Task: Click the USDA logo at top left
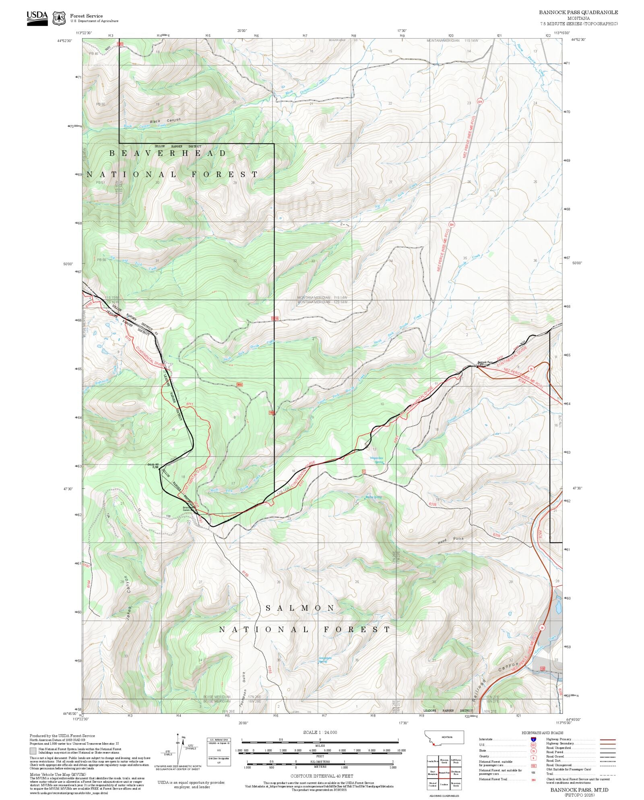click(x=37, y=18)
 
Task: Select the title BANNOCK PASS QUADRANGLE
click(x=578, y=12)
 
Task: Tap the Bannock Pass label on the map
click(x=485, y=362)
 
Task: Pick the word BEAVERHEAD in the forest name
click(x=168, y=153)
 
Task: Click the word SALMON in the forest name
click(x=300, y=608)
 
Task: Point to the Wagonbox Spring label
click(x=376, y=460)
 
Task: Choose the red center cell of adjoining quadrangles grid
click(x=444, y=772)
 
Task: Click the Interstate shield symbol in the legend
click(x=533, y=740)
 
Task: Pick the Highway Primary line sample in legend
click(x=608, y=740)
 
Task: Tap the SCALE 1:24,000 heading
click(x=320, y=732)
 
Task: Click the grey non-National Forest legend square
click(x=33, y=751)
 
